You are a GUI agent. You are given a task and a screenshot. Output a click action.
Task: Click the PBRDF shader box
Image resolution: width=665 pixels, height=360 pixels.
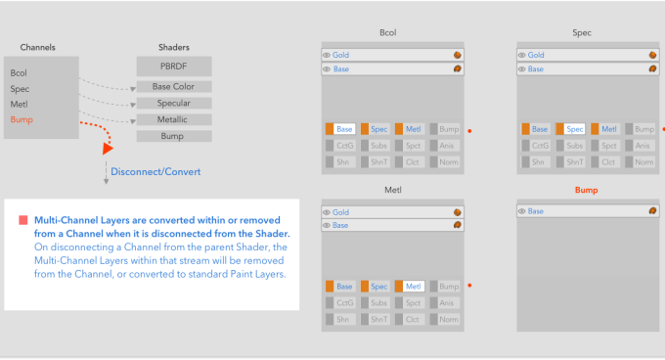coord(174,67)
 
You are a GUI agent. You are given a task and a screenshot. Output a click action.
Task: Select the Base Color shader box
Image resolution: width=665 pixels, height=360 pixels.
coord(174,86)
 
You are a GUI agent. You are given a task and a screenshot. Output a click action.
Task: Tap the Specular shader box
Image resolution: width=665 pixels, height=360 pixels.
coord(174,103)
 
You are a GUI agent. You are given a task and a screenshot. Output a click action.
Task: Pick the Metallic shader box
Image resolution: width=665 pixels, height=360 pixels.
coord(174,119)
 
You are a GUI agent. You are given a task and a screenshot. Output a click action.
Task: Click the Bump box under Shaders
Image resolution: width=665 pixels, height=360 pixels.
coord(174,136)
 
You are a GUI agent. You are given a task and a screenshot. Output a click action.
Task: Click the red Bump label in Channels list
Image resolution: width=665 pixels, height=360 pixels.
coord(22,119)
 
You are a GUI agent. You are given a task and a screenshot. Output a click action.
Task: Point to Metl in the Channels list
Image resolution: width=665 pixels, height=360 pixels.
coord(20,105)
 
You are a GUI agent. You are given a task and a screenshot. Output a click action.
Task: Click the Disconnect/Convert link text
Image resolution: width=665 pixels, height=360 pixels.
coord(155,172)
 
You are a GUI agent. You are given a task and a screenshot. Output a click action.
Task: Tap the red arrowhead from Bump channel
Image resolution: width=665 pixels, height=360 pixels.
coord(108,149)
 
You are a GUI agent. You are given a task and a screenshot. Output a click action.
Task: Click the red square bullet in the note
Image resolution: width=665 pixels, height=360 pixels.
coord(23,220)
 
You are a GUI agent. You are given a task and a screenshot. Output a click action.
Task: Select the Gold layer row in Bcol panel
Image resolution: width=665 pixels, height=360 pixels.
coord(392,55)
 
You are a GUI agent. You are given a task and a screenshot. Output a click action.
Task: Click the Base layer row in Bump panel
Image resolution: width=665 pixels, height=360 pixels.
coord(588,211)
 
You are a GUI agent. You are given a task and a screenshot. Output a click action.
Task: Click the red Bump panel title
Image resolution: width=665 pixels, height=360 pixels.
coord(587,190)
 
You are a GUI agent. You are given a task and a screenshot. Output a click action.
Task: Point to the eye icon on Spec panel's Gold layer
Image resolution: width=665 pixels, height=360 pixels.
coord(522,55)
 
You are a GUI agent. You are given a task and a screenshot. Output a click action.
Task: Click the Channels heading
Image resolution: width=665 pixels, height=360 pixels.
coord(38,47)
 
